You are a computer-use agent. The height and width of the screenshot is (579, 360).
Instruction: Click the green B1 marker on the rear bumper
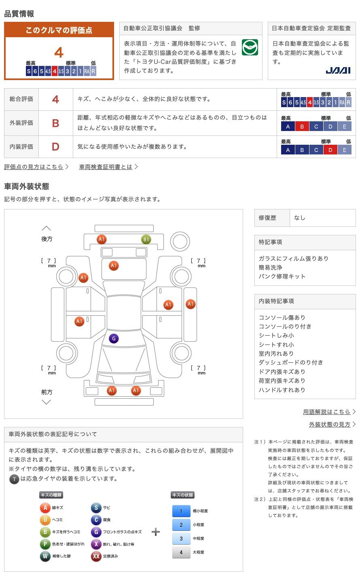(x=146, y=239)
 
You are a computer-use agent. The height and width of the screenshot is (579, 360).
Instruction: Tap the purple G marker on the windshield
(x=114, y=338)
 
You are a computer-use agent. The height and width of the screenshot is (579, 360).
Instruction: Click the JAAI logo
(x=338, y=71)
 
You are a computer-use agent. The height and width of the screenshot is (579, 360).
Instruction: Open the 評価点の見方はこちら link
(x=34, y=167)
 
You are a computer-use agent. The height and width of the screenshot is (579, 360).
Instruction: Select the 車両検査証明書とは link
(x=106, y=167)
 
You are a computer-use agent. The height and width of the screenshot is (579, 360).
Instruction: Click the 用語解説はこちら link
(x=327, y=412)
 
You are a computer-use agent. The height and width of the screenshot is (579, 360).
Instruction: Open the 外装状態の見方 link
(x=330, y=424)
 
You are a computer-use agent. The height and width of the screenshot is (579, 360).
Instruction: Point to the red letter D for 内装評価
(x=55, y=147)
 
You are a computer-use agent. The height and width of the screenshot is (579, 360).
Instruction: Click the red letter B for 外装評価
(x=55, y=123)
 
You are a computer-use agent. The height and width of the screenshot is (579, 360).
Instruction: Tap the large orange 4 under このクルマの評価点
(x=59, y=53)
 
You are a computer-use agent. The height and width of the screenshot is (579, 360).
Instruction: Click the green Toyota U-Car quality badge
(x=250, y=47)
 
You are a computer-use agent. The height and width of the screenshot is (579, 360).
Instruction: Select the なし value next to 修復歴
(x=299, y=218)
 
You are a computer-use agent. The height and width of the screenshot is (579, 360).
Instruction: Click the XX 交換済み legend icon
(x=96, y=556)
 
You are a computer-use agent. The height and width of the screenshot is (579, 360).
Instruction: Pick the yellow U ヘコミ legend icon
(x=45, y=520)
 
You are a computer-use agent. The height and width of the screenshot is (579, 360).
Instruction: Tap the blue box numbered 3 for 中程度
(x=181, y=539)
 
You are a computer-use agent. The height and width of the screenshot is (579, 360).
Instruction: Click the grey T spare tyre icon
(x=14, y=479)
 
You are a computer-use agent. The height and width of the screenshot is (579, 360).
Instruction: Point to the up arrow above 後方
(x=46, y=228)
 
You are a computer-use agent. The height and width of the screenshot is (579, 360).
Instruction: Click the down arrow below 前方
(x=46, y=402)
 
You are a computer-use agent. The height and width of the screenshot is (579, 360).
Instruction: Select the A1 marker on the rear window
(x=114, y=266)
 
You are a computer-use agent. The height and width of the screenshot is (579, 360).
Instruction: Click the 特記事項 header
(x=270, y=242)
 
